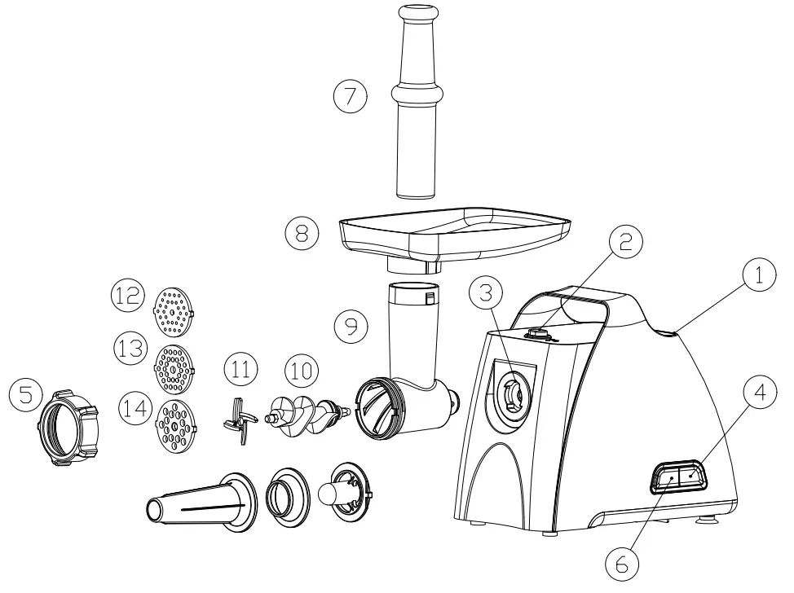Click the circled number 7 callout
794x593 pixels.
(x=351, y=96)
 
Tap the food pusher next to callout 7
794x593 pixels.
(x=420, y=106)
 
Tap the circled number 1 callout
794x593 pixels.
(x=757, y=276)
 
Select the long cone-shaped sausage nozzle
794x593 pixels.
(x=196, y=503)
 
